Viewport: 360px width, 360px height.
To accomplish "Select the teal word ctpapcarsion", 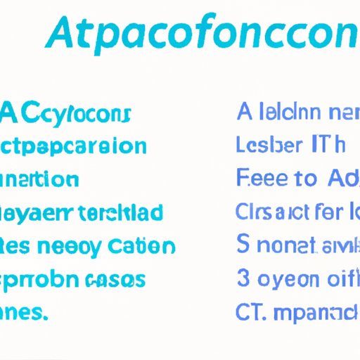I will click(73, 147).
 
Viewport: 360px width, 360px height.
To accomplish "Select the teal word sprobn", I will click(42, 280).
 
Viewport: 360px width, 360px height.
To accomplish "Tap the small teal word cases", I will click(119, 280).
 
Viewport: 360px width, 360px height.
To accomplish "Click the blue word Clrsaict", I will click(270, 212).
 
